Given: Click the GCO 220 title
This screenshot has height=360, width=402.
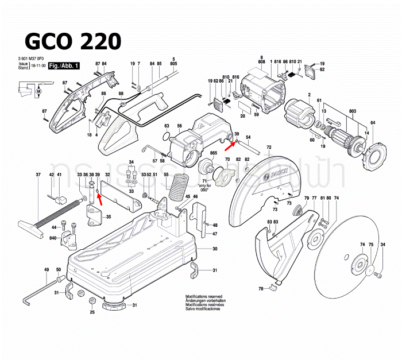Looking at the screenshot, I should tap(72, 41).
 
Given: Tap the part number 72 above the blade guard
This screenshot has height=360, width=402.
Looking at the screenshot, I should tap(268, 148).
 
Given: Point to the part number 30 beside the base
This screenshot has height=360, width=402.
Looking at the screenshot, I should tap(215, 249).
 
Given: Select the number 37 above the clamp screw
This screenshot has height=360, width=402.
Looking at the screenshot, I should tap(38, 174).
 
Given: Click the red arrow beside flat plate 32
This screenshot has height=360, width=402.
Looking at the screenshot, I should tap(99, 198).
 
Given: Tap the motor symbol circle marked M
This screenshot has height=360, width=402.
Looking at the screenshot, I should tap(39, 91).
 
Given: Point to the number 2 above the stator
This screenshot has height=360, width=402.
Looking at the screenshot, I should tap(309, 94).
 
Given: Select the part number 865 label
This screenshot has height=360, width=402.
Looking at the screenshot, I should tap(214, 153).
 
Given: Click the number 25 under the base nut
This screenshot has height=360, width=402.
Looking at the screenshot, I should tap(92, 312).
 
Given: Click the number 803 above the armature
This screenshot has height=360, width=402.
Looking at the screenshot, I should tap(337, 110).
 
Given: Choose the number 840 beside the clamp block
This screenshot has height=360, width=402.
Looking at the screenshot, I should tap(53, 237).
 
